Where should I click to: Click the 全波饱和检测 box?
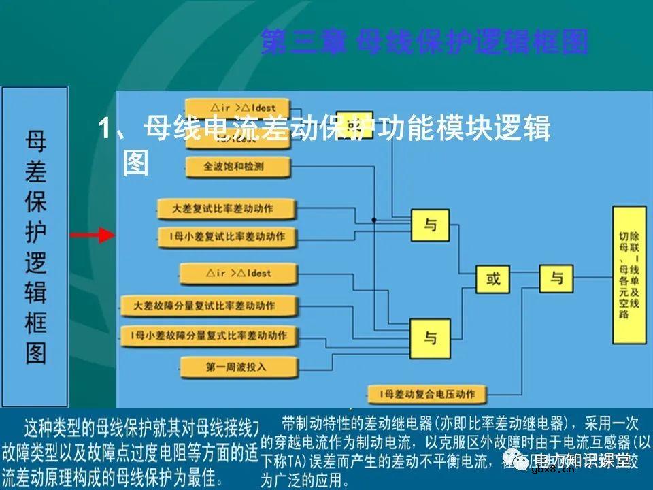pos(237,165)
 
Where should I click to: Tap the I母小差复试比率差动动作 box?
pos(227,237)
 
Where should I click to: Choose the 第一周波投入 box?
pos(238,367)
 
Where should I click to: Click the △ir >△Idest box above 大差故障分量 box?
pos(238,274)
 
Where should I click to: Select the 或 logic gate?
pos(493,278)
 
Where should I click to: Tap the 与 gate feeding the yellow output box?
pos(556,278)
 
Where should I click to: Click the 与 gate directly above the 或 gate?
pos(430,225)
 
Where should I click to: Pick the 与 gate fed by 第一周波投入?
pos(430,336)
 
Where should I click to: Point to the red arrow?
pos(93,235)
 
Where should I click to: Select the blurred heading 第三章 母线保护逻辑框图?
pos(424,42)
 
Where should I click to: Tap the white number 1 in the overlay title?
pos(104,129)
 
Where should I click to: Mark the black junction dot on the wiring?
pos(373,220)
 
